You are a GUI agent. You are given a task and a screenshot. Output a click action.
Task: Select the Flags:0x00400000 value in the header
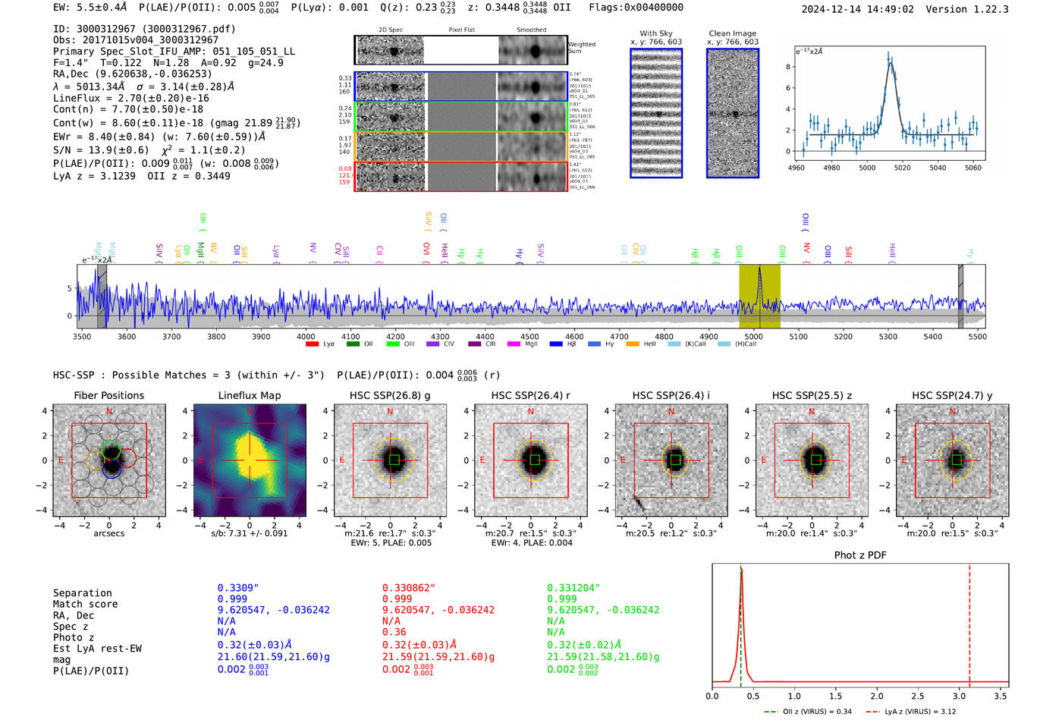pos(636,7)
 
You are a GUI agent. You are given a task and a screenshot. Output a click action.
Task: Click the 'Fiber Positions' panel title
pos(108,395)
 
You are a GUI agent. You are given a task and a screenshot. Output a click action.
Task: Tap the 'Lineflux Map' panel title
pos(249,395)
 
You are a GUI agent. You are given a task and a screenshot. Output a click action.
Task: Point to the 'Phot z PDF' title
pos(860,555)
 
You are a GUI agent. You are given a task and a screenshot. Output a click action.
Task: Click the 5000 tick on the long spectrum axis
pos(753,336)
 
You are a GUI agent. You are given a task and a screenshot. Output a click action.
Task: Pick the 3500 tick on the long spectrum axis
pos(82,336)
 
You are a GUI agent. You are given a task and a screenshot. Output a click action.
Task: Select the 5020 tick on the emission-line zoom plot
pos(902,168)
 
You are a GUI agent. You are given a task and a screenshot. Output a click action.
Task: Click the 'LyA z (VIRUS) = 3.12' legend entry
pos(920,712)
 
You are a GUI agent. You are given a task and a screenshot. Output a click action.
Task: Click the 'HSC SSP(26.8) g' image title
pos(390,395)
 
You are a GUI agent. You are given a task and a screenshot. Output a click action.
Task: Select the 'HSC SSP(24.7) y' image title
pos(952,395)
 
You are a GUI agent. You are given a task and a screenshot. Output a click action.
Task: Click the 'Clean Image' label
pos(732,33)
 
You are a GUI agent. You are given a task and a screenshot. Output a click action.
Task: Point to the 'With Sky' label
pos(655,33)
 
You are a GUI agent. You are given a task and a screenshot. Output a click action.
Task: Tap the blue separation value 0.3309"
pos(238,588)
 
